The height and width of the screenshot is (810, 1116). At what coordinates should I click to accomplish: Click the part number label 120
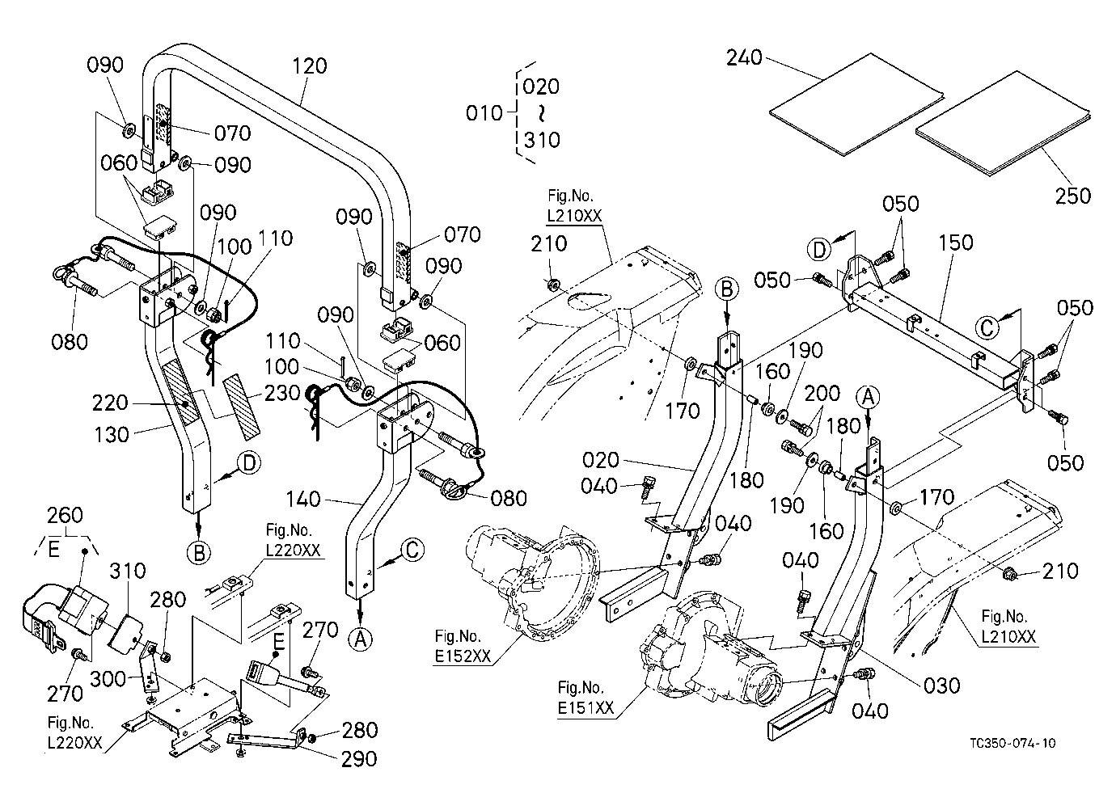309,65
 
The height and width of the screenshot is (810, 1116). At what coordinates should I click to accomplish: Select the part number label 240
744,57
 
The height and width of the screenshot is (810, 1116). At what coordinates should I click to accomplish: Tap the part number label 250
1072,196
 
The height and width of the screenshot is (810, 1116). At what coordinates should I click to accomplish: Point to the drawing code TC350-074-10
1012,743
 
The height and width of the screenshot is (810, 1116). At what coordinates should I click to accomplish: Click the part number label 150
956,243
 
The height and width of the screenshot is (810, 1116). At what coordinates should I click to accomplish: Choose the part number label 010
484,114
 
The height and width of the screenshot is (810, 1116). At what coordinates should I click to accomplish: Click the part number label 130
112,435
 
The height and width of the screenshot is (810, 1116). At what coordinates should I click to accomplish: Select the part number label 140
303,499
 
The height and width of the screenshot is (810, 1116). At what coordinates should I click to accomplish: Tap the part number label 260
65,516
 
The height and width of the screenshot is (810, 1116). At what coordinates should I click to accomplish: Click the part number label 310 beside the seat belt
128,571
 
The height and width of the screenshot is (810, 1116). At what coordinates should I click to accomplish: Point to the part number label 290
359,759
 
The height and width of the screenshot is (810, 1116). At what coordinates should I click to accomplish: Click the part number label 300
108,678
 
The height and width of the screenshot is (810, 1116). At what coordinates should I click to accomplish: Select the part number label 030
941,686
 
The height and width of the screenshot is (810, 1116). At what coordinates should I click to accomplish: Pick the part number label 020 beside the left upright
600,460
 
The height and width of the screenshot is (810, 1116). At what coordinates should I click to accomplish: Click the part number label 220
110,403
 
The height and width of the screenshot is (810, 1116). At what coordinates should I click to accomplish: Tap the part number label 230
282,394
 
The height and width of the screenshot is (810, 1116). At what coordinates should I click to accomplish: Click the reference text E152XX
463,656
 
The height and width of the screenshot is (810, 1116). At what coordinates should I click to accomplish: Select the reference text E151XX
585,708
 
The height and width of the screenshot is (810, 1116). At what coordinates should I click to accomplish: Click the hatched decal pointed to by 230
242,407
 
